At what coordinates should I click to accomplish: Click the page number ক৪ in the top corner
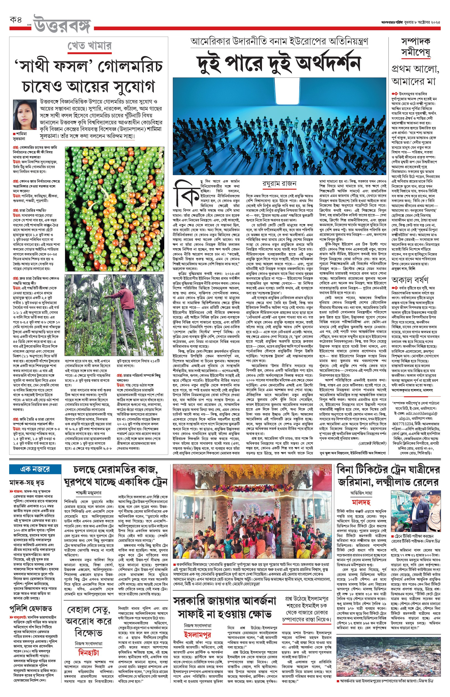[16, 20]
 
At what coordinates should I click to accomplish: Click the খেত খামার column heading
[89, 46]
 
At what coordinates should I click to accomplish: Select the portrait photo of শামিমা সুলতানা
[25, 114]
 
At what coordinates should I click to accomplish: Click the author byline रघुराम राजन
[279, 183]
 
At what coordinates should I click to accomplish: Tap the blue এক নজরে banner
[35, 469]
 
